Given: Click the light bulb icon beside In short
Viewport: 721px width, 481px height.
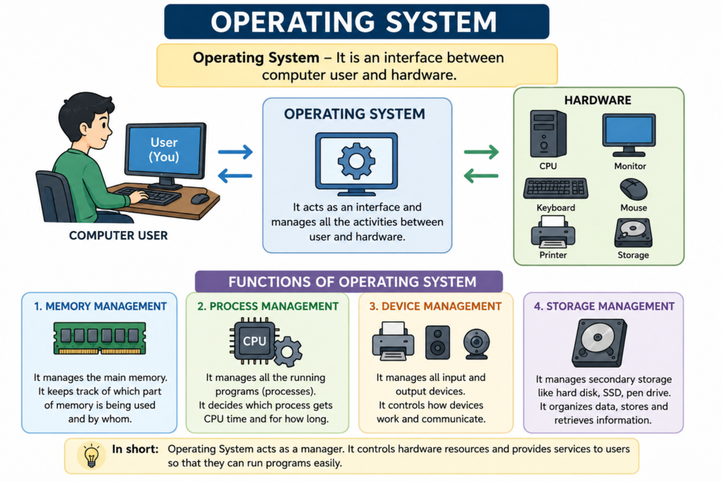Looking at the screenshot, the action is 92,456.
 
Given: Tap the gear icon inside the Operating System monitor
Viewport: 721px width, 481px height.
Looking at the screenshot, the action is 356,161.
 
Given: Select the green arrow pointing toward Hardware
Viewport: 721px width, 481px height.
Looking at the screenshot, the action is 482,151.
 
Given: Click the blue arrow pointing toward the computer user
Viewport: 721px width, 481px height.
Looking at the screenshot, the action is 235,175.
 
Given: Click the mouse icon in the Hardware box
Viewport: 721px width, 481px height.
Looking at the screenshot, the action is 634,189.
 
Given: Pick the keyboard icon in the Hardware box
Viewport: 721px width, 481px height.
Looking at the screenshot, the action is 556,189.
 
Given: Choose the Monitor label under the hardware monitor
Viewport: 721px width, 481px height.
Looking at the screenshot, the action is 630,166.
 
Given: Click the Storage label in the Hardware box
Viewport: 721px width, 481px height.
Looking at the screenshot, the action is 633,255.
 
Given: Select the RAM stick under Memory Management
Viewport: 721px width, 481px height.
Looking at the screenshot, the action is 100,338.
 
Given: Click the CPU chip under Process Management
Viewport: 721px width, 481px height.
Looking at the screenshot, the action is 254,341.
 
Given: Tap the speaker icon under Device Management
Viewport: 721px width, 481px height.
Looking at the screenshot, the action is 438,342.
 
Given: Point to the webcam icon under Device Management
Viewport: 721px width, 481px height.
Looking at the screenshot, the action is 477,344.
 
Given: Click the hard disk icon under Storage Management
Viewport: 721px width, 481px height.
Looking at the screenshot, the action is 599,343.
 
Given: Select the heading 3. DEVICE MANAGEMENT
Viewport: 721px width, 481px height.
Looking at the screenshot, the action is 435,306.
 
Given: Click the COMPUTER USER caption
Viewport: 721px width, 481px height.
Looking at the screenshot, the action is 118,235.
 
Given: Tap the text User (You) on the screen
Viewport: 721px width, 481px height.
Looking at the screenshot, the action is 164,149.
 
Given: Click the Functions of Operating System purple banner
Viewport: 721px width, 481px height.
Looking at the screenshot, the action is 349,282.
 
